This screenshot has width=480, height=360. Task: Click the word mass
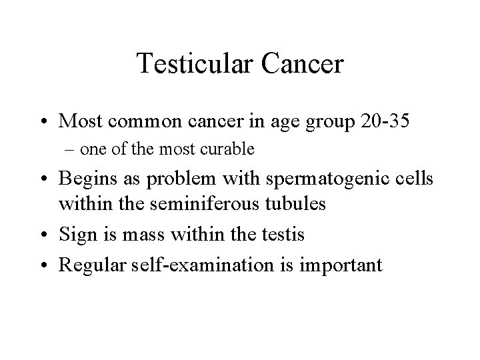pyautogui.click(x=137, y=235)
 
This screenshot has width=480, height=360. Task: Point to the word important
pyautogui.click(x=341, y=265)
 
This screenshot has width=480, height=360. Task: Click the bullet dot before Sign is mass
pyautogui.click(x=45, y=235)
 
